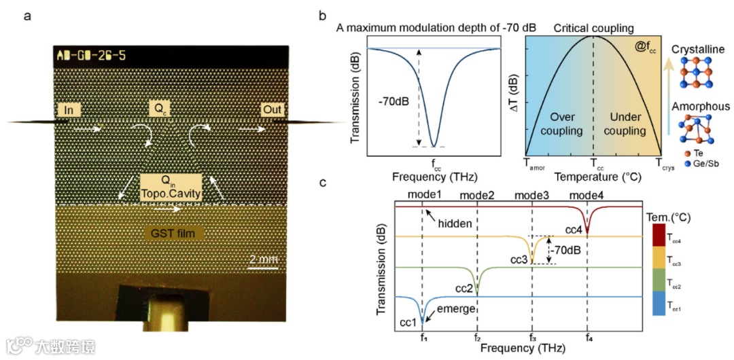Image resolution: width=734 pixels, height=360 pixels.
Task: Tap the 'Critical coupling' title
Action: click(593, 28)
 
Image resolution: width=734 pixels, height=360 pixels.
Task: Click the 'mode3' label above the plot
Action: click(532, 196)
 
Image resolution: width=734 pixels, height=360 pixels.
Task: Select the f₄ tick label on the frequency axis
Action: click(588, 337)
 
